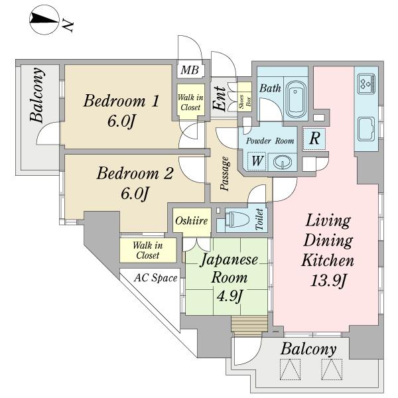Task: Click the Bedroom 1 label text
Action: pos(121,101)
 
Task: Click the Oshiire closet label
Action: pos(192,221)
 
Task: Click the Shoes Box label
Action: pos(245,101)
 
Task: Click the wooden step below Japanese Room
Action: pos(251,324)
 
